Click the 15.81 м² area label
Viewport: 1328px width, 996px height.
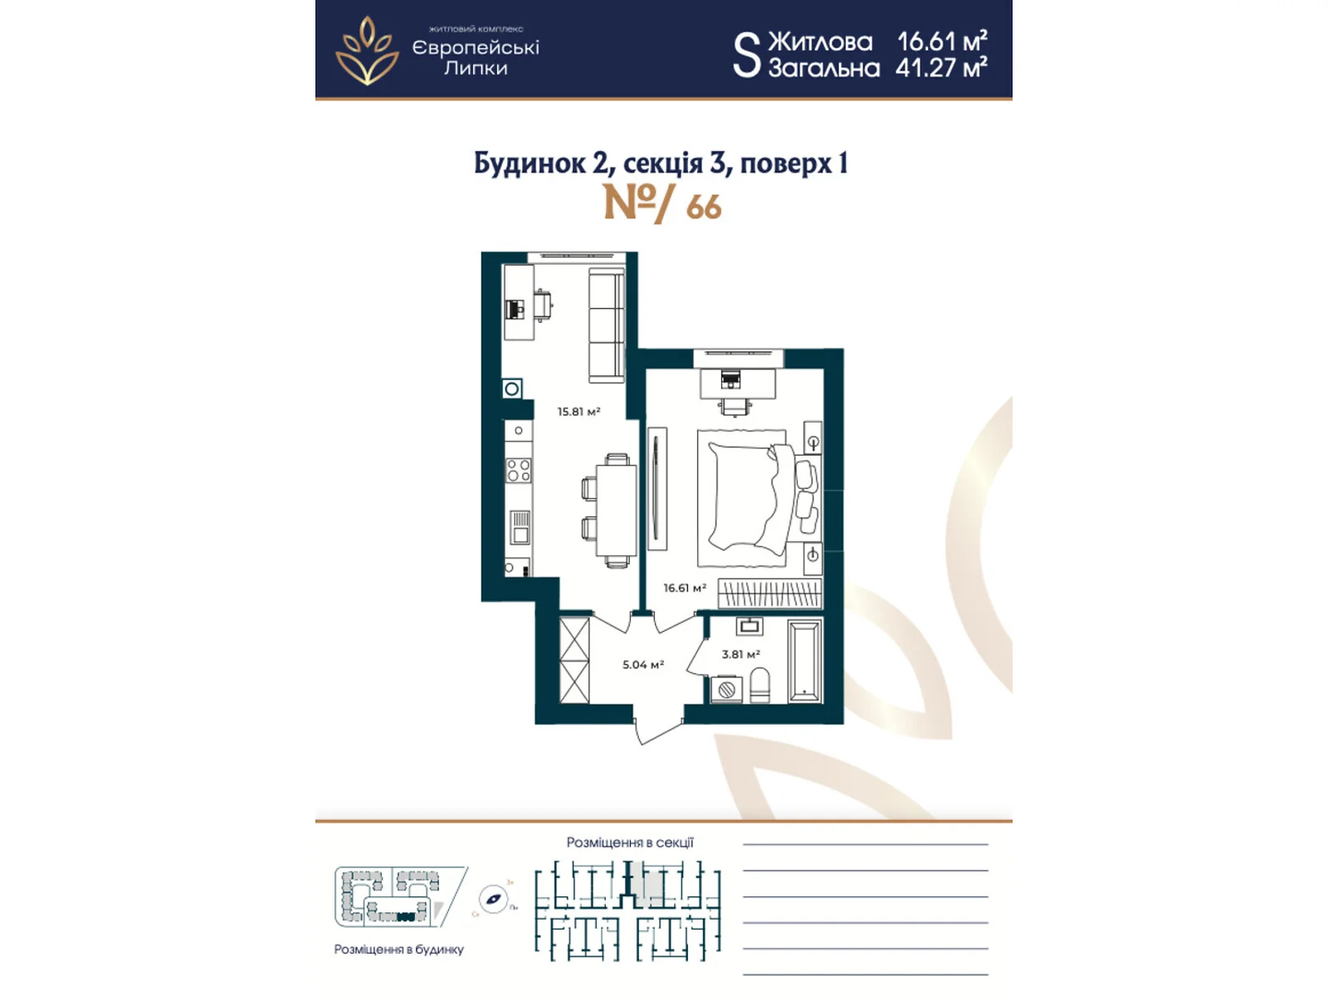(579, 412)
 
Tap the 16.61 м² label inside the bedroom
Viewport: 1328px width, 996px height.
(684, 588)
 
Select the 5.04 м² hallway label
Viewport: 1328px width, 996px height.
(643, 665)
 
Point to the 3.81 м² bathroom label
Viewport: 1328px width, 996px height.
(740, 654)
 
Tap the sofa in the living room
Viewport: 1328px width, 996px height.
(606, 325)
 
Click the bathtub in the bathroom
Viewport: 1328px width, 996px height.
(804, 662)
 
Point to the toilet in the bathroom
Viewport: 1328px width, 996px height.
(759, 686)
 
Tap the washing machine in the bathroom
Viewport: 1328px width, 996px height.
(727, 689)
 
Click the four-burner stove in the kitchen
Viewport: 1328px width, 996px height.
(519, 471)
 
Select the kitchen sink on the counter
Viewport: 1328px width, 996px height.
(520, 526)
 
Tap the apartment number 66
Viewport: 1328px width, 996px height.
(703, 207)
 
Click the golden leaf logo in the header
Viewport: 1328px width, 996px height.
(366, 51)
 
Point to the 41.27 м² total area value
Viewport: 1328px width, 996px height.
(941, 68)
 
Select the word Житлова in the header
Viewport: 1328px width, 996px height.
(820, 41)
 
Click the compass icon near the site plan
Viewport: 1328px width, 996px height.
(494, 900)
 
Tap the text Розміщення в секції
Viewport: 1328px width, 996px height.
(630, 842)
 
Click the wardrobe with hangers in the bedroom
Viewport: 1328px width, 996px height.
(769, 593)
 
